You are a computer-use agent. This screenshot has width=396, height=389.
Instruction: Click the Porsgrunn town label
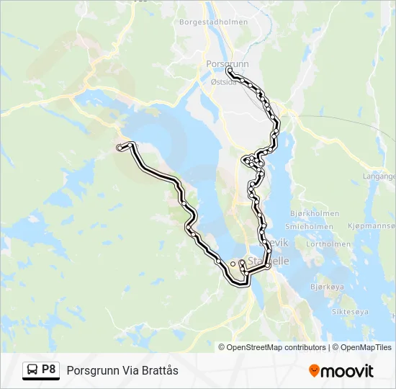pos(227,63)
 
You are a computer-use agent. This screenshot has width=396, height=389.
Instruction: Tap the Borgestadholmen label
pos(212,22)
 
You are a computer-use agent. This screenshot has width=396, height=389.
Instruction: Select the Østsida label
pos(223,82)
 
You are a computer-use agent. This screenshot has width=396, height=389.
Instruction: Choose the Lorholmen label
pos(328,244)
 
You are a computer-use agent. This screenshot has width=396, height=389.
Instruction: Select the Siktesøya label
pos(350,312)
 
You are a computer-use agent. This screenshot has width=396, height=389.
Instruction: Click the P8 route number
pos(48,370)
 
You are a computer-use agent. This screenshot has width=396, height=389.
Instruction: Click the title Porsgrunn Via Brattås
pos(122,370)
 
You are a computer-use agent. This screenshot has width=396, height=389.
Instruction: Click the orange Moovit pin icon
pos(314,371)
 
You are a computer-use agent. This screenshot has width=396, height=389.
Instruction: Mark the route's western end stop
pos(119,148)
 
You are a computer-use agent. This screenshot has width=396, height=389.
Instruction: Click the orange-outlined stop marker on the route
pos(232,264)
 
